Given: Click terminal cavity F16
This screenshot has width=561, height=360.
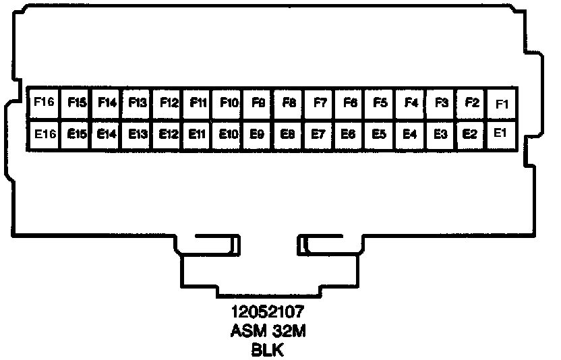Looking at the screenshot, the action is click(x=43, y=103).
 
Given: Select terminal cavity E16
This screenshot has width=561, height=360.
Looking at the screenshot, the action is click(x=43, y=134).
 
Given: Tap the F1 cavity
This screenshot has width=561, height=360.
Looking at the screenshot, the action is click(x=502, y=103).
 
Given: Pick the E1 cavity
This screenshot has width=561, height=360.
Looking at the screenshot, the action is click(x=500, y=133).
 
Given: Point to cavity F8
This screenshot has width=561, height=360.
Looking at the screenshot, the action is click(x=289, y=103).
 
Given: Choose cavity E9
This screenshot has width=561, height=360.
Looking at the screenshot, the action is click(x=257, y=134).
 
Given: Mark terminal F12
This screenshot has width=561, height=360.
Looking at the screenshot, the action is click(x=168, y=103).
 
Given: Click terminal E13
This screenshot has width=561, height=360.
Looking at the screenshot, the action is click(x=137, y=134).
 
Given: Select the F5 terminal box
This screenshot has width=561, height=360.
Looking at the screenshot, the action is click(x=380, y=103).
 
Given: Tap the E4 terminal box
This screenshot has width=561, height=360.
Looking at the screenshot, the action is click(x=410, y=134).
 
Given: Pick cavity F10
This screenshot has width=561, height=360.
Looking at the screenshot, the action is click(x=229, y=103).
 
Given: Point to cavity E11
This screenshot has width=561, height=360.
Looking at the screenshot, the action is click(x=197, y=134).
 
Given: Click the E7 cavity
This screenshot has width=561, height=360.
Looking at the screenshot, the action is click(x=318, y=134).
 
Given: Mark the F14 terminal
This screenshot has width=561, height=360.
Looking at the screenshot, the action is click(x=107, y=103).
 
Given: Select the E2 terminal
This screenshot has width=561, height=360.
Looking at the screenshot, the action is click(x=471, y=134).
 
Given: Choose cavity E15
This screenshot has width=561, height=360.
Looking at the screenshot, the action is click(x=76, y=134).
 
